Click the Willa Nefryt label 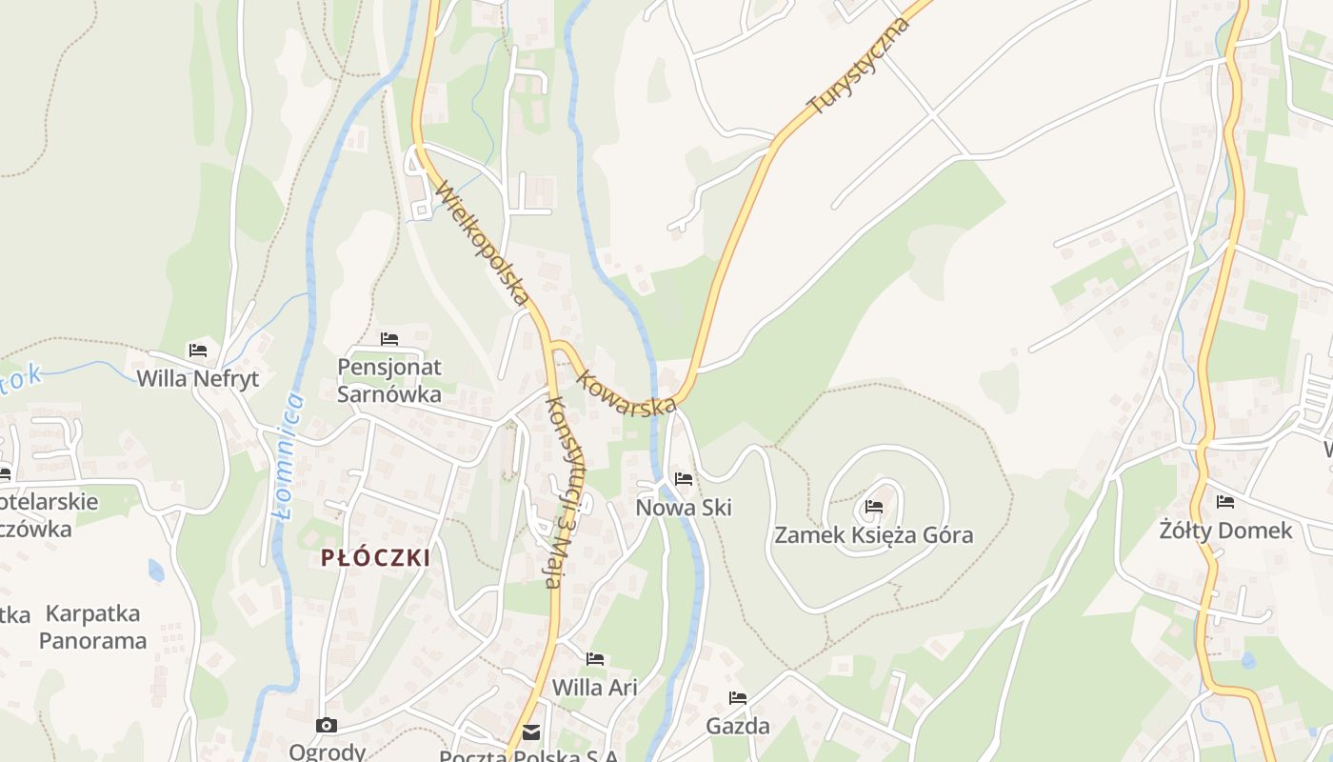(x=198, y=378)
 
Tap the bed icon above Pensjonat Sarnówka (x=388, y=338)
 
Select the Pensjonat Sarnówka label (x=389, y=380)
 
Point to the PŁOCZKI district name (x=375, y=558)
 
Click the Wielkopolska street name (x=482, y=245)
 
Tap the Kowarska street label (x=627, y=392)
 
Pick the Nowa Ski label (x=684, y=508)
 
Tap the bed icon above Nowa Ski (x=684, y=478)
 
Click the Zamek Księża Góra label (x=874, y=534)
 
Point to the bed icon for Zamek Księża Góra (x=874, y=506)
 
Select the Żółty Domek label (x=1225, y=531)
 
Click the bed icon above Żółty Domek (x=1225, y=501)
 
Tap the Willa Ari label (x=595, y=687)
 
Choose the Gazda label (x=738, y=726)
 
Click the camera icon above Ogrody (x=327, y=725)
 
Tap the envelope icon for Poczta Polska (x=530, y=732)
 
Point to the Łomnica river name (x=288, y=455)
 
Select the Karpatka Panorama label (x=92, y=627)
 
